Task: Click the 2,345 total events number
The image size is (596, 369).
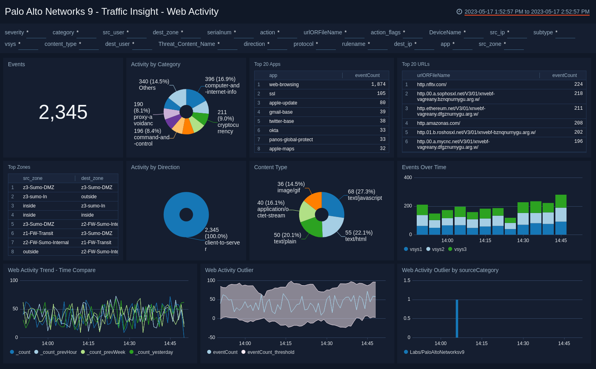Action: coord(63,112)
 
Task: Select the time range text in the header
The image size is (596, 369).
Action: coord(527,12)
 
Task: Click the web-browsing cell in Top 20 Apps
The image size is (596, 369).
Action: coord(284,85)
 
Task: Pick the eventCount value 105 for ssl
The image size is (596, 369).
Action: coord(381,94)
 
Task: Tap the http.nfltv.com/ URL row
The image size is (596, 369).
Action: coord(431,85)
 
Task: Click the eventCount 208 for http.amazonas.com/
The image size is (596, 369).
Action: coord(578,123)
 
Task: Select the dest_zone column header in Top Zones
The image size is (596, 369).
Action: coord(92,178)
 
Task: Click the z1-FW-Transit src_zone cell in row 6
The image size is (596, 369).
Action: coord(38,233)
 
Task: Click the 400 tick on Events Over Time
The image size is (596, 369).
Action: coord(408,178)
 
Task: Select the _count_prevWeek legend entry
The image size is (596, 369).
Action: coord(106,352)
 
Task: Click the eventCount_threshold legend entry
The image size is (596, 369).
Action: coord(271,352)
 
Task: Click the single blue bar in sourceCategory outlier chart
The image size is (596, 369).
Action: coord(457,318)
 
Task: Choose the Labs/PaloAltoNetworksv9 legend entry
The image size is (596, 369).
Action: coord(437,352)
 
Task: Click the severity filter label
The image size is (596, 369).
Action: coord(14,32)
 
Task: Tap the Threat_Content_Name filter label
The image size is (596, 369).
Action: coord(186,44)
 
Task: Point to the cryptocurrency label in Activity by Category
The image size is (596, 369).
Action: coord(228,122)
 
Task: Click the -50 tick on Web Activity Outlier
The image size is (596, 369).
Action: coord(211,337)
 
